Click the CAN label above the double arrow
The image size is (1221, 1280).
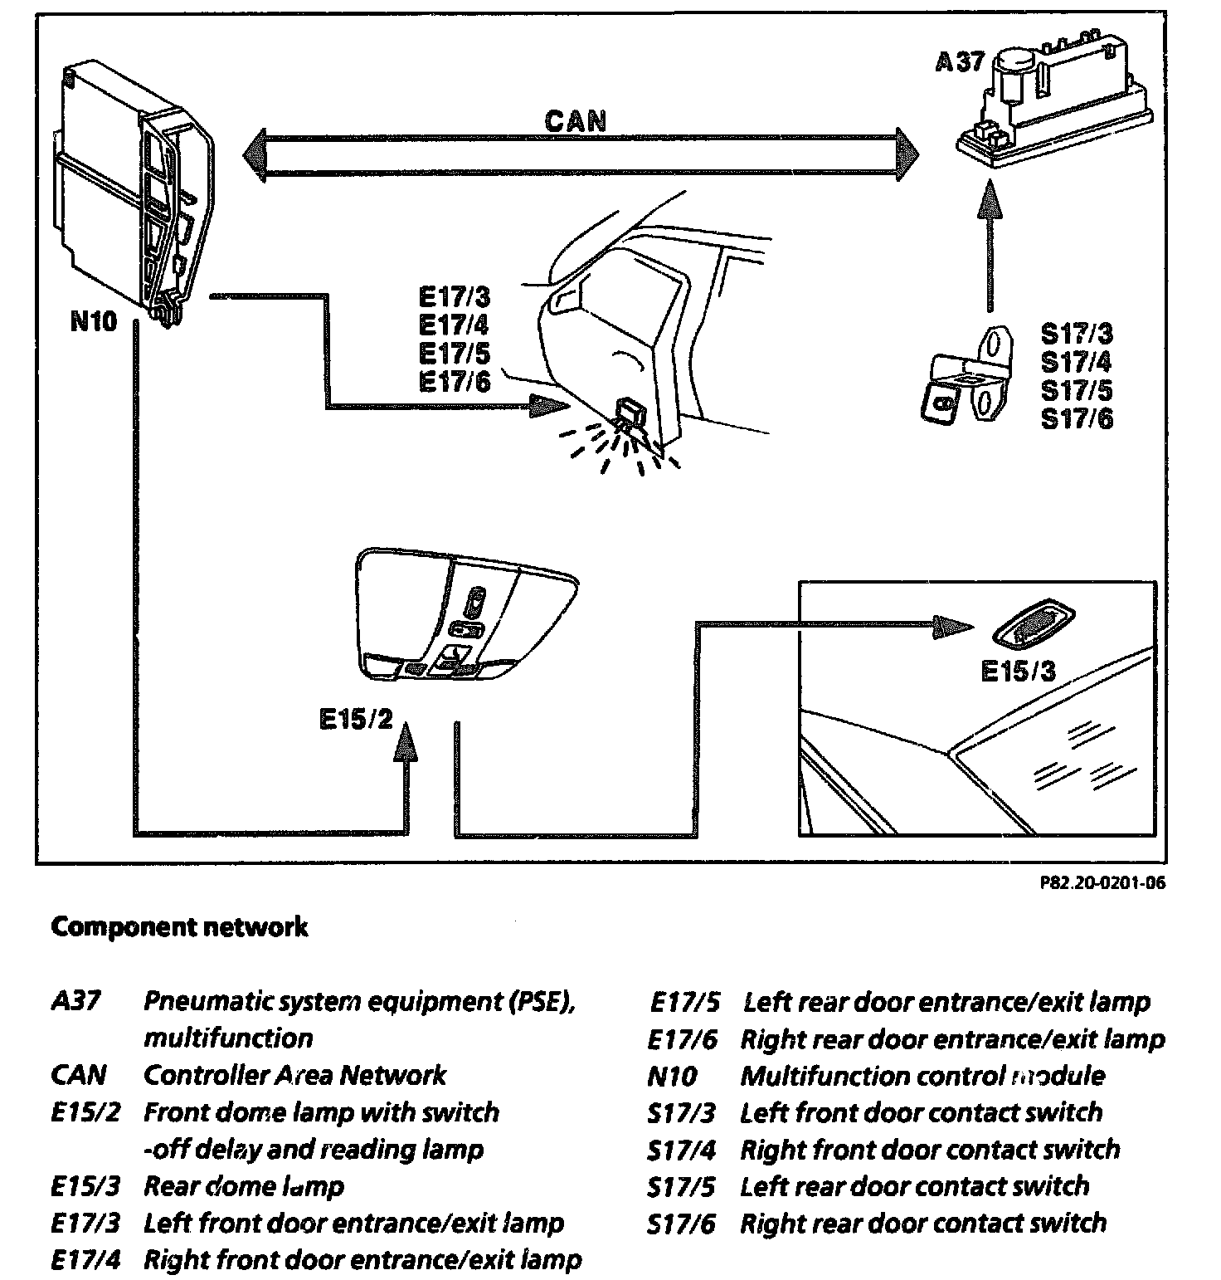(576, 121)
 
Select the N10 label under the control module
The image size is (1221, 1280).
(94, 321)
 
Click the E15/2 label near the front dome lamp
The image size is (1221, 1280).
(355, 719)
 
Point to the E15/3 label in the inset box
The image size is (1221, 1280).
(1018, 671)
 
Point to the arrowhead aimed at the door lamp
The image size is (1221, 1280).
(547, 407)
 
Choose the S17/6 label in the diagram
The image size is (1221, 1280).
(1077, 418)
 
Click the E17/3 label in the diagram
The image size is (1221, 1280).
(455, 296)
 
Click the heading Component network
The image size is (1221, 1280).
(179, 926)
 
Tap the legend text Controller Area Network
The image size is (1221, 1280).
(294, 1075)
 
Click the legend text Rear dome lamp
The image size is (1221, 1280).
(244, 1186)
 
